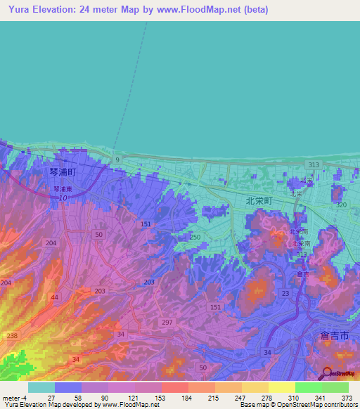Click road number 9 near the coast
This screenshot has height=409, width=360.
117,161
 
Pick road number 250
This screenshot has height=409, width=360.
195,237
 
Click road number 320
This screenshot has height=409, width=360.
342,204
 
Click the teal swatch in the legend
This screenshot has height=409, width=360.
41,387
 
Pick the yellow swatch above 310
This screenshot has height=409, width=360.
282,387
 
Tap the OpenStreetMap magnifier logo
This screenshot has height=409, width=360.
326,374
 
